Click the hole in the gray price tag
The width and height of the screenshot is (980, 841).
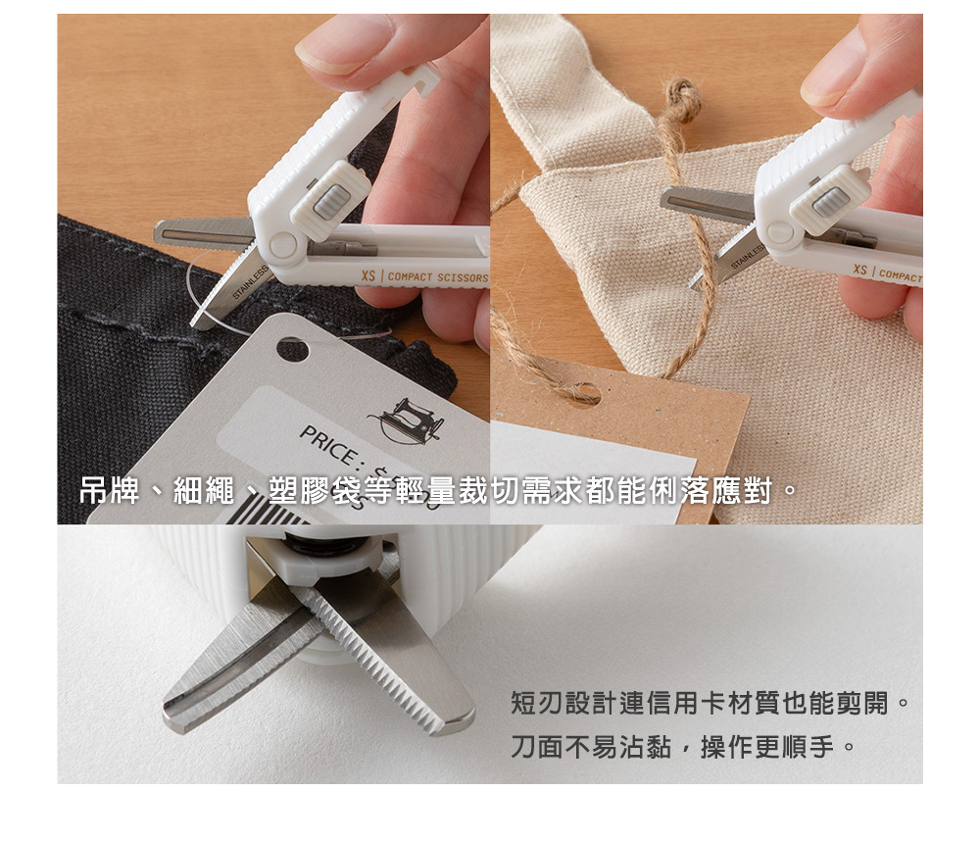tap(292, 349)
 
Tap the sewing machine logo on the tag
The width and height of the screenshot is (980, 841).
tap(407, 420)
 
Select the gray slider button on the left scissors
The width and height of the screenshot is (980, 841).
tap(331, 202)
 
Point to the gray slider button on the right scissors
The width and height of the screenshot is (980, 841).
tap(830, 202)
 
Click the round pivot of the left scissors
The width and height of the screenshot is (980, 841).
tap(283, 246)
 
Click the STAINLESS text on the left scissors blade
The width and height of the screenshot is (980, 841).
tap(250, 282)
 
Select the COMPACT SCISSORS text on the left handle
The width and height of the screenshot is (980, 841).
tap(437, 277)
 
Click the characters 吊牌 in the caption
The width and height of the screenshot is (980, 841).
tap(110, 491)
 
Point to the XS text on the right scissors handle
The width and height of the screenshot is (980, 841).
tap(860, 270)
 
